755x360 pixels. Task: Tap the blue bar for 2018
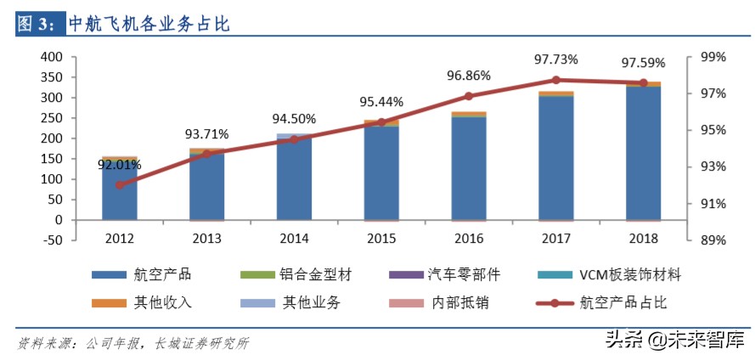point(643,153)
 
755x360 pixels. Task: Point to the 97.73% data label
point(556,60)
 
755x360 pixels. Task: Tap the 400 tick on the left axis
point(53,57)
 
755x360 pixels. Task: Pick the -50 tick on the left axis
point(53,240)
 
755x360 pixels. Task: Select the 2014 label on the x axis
point(294,239)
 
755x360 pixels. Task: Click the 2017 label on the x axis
point(555,239)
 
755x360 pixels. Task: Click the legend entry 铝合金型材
point(315,275)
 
